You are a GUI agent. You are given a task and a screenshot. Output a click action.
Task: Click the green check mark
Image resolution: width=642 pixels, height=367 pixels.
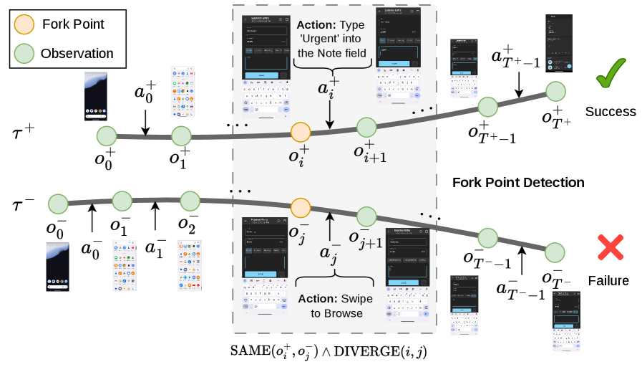pyautogui.click(x=610, y=73)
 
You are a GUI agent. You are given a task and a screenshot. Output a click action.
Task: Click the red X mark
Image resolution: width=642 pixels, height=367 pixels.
pyautogui.click(x=610, y=247)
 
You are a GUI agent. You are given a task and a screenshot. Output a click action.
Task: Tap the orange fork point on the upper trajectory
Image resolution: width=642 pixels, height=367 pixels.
pyautogui.click(x=301, y=132)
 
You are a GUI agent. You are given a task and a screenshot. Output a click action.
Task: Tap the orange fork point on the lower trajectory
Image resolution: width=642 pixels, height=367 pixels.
pyautogui.click(x=301, y=208)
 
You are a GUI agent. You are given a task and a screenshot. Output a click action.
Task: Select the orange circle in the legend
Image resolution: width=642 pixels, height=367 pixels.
pyautogui.click(x=24, y=24)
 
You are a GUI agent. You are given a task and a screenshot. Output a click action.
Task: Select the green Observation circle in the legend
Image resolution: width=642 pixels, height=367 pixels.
pyautogui.click(x=24, y=53)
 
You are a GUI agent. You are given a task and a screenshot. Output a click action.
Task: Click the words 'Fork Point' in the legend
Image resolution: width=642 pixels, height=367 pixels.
pyautogui.click(x=73, y=24)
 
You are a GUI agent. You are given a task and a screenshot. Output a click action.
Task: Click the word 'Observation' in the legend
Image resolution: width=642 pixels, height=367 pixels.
pyautogui.click(x=77, y=54)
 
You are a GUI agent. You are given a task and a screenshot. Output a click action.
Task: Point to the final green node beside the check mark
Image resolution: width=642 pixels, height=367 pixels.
pyautogui.click(x=555, y=91)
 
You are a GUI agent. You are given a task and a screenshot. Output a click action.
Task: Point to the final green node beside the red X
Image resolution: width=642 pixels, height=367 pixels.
pyautogui.click(x=555, y=252)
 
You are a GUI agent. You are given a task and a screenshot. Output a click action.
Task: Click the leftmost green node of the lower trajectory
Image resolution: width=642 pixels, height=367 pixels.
pyautogui.click(x=58, y=204)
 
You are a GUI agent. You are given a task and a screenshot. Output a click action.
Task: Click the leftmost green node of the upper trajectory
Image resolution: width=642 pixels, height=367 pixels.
pyautogui.click(x=107, y=135)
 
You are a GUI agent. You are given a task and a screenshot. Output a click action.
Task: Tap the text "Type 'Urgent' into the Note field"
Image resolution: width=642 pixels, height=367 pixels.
pyautogui.click(x=331, y=39)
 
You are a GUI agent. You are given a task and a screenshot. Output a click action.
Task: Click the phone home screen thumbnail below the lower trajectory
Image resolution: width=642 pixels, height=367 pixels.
pyautogui.click(x=57, y=266)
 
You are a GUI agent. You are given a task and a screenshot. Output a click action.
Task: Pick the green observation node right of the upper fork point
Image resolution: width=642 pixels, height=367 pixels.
pyautogui.click(x=366, y=128)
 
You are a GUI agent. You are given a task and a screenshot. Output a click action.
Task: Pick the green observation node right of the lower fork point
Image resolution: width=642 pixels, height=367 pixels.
pyautogui.click(x=366, y=216)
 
